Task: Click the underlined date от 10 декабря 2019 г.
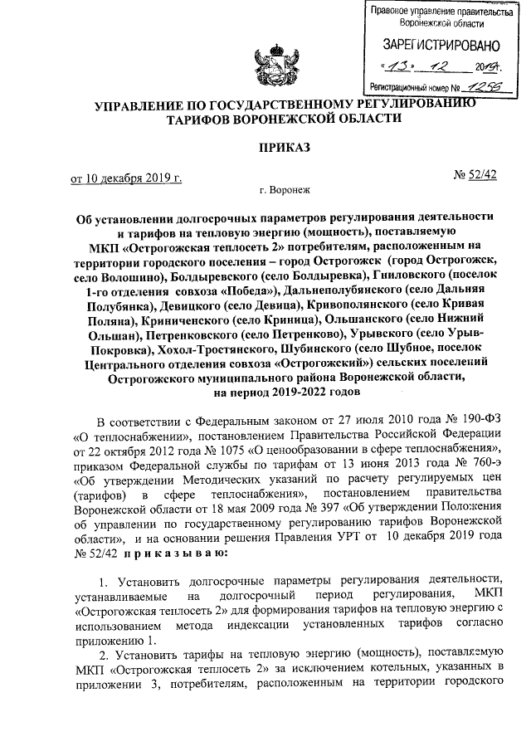pyautogui.click(x=125, y=177)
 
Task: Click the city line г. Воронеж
pyautogui.click(x=283, y=190)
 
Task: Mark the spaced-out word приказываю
pyautogui.click(x=164, y=552)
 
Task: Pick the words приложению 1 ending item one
pyautogui.click(x=114, y=641)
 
